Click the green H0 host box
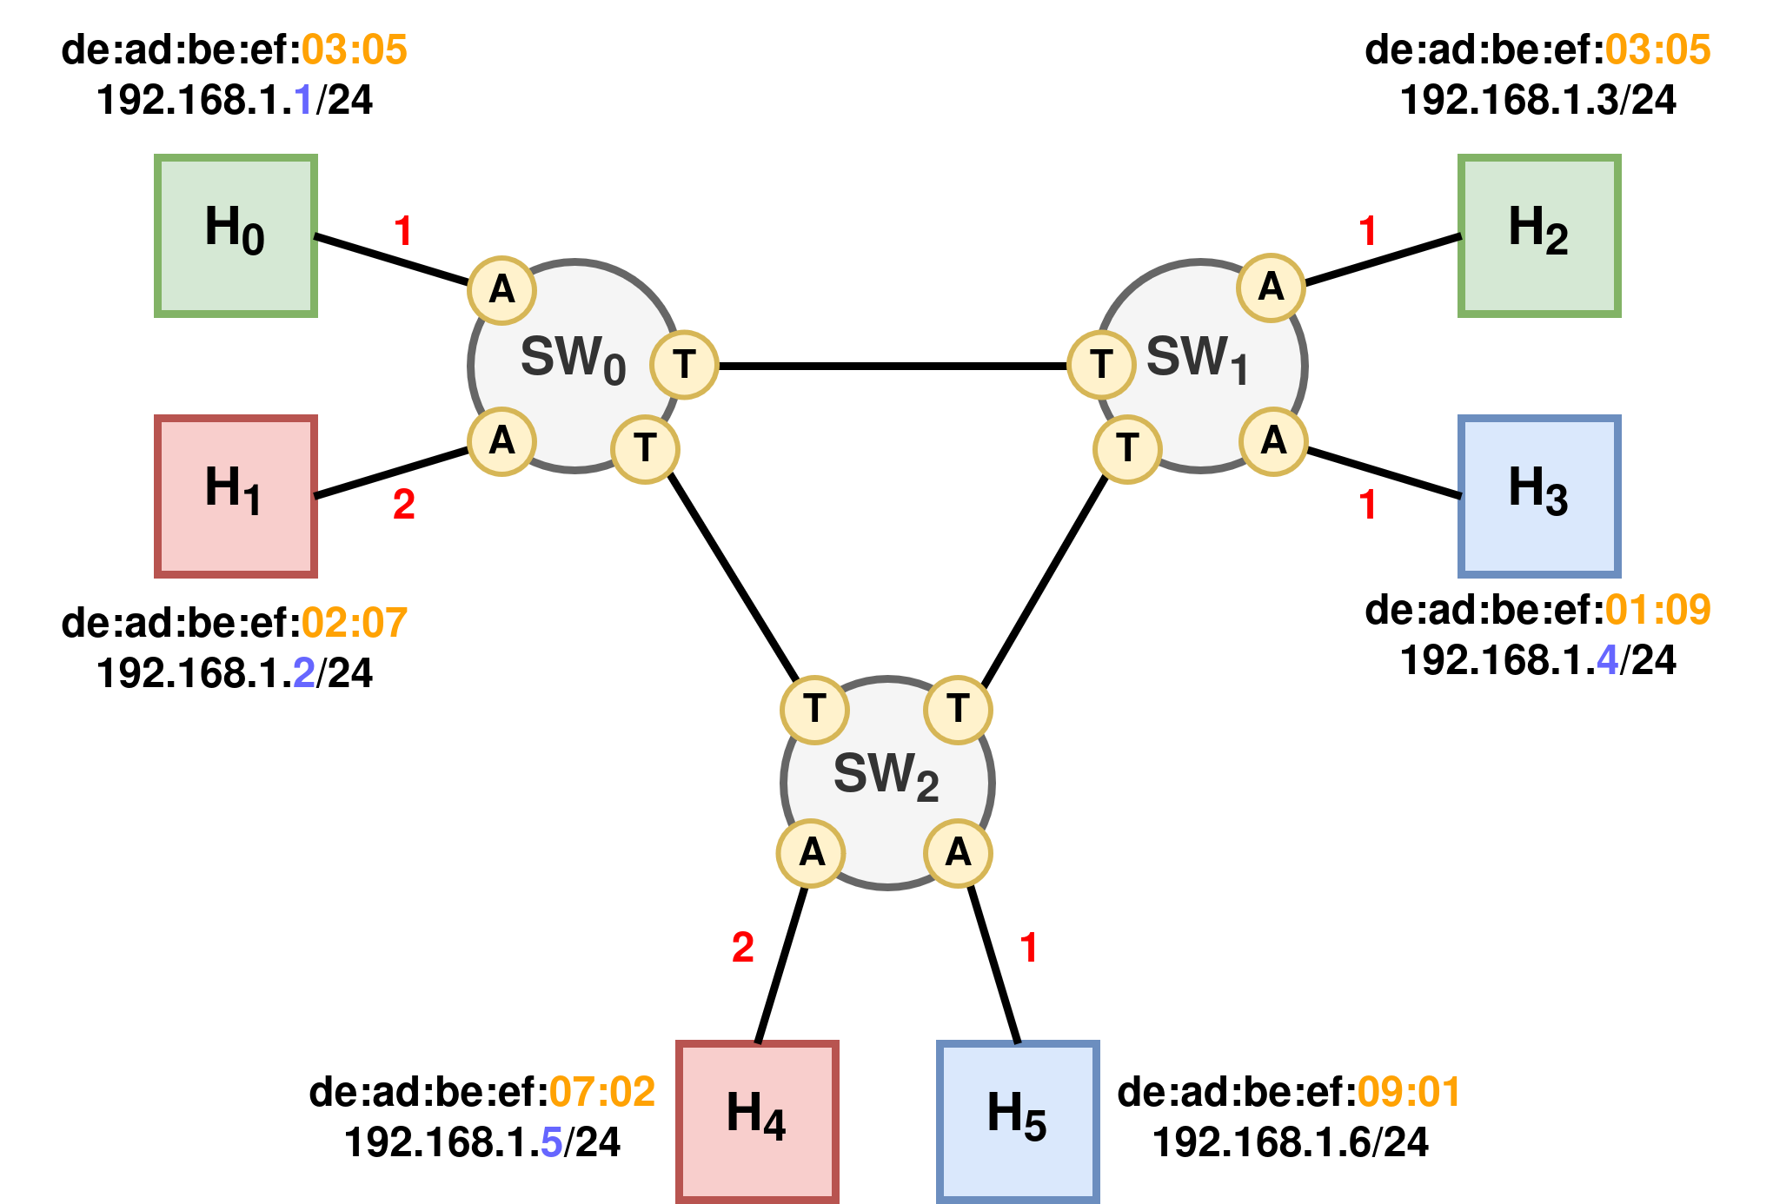click(236, 235)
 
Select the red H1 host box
click(236, 496)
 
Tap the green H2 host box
click(1539, 235)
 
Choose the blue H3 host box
click(1539, 496)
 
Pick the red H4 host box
click(757, 1120)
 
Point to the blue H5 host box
click(1018, 1120)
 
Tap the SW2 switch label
click(886, 776)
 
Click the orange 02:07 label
click(355, 623)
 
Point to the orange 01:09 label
click(1657, 610)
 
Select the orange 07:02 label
click(602, 1092)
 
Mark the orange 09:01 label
click(1409, 1092)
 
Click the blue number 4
click(1607, 659)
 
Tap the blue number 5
click(552, 1141)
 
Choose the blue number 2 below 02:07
click(304, 672)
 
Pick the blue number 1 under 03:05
click(303, 99)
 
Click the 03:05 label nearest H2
click(1657, 50)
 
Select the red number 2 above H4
click(743, 947)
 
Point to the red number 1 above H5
click(1029, 947)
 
